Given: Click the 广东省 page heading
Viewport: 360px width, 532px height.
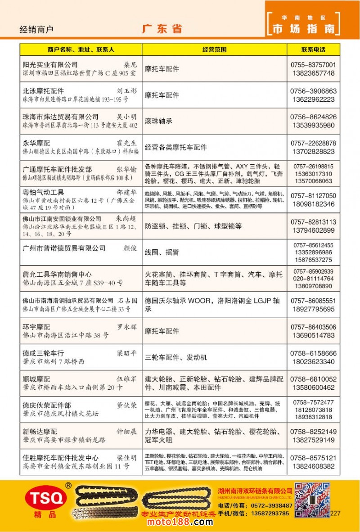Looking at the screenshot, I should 162,29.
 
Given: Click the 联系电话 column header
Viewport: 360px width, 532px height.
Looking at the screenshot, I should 313,50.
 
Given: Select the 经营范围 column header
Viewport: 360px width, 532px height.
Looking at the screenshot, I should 214,50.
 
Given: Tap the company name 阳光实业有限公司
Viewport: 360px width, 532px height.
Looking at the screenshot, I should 50,65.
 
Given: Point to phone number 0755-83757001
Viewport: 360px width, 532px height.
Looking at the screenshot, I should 313,65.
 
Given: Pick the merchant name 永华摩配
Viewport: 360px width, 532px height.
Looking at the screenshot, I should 36,143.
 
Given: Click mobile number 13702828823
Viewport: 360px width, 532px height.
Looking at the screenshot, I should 313,152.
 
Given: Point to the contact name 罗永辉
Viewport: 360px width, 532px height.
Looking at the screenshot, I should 126,327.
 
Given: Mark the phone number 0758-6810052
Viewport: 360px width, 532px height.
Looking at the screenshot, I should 313,379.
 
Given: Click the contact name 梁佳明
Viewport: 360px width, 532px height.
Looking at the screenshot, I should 126,458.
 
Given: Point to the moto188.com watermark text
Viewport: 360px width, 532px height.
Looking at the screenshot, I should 180,522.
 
